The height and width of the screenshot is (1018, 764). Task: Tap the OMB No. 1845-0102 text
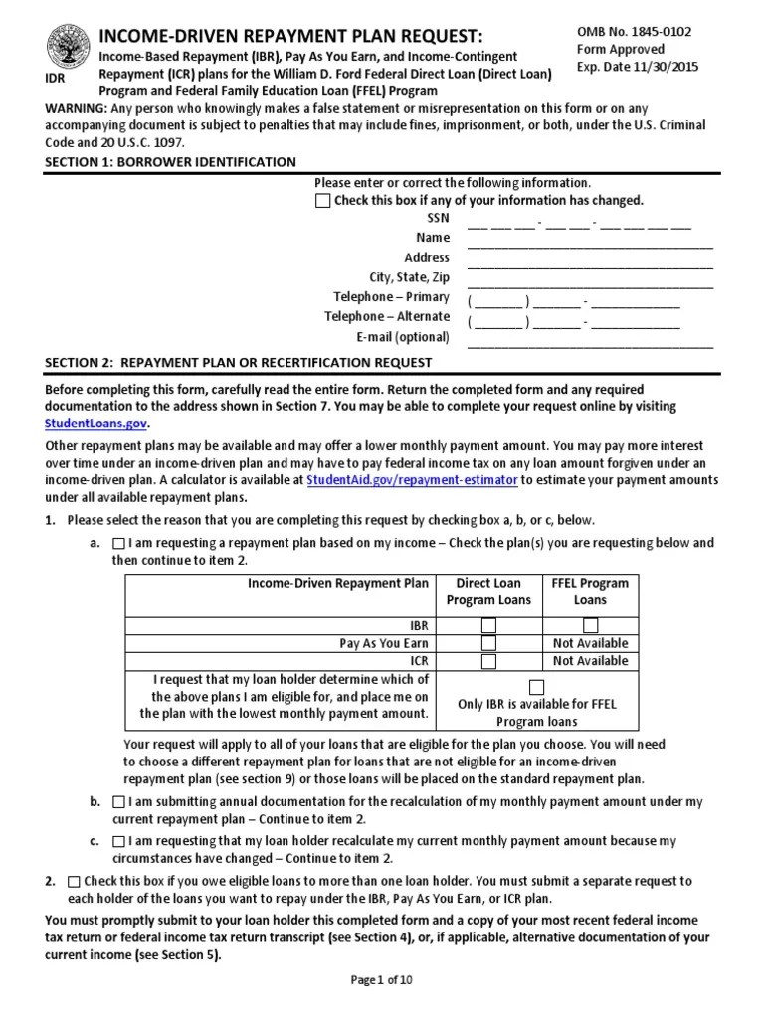point(635,32)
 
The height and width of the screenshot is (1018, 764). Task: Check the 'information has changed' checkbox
point(322,201)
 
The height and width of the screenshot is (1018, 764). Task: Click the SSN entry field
point(579,220)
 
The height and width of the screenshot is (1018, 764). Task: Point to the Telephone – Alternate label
point(387,317)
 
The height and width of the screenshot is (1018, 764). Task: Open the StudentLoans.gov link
point(97,424)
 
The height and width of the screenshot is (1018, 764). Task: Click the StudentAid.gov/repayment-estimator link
point(413,480)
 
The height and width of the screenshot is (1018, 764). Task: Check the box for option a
point(118,544)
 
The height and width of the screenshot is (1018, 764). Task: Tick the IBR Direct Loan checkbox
point(488,626)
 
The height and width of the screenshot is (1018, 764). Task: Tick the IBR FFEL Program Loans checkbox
point(590,626)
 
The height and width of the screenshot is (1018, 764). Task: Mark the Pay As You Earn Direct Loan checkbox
point(488,644)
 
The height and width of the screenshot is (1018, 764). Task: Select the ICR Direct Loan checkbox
point(488,661)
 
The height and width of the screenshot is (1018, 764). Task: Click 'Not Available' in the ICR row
point(590,661)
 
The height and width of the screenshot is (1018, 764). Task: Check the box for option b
point(118,802)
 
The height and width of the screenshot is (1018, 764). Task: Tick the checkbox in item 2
point(75,882)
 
